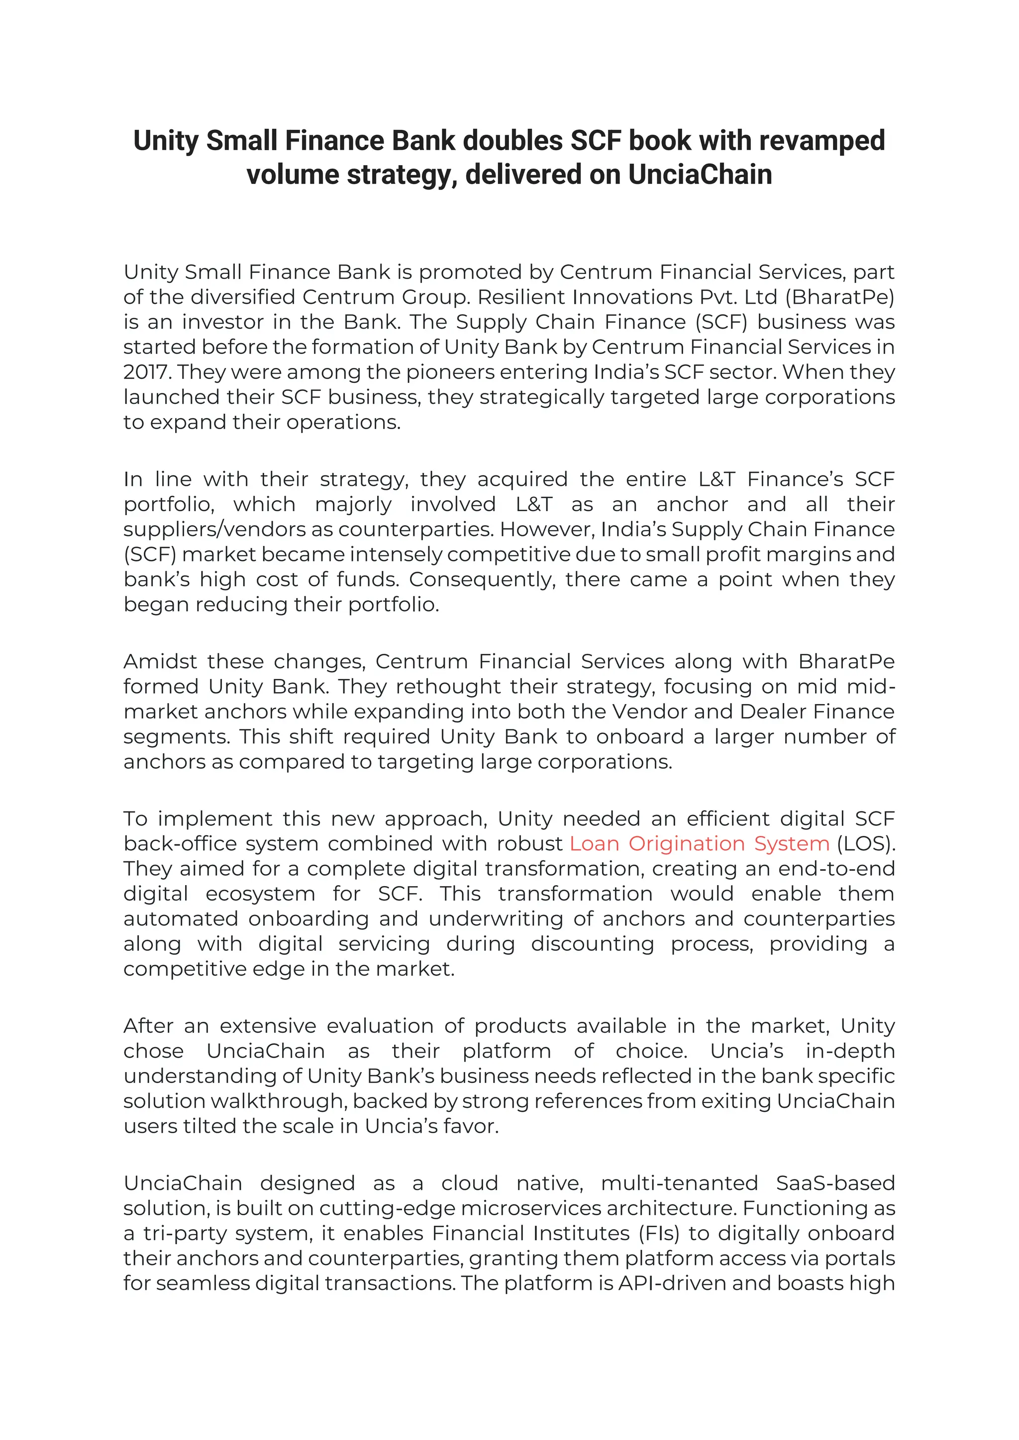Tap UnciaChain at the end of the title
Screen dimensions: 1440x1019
700,175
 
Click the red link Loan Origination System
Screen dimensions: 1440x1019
699,843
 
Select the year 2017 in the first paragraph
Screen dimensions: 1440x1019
147,372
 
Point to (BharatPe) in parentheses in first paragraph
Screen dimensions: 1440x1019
839,297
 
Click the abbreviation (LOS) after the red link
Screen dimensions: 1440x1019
865,843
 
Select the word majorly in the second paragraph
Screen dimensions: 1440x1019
353,504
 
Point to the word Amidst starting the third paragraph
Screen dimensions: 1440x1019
160,662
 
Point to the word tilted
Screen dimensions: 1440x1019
211,1126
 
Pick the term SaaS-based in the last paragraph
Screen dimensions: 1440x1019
835,1183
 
